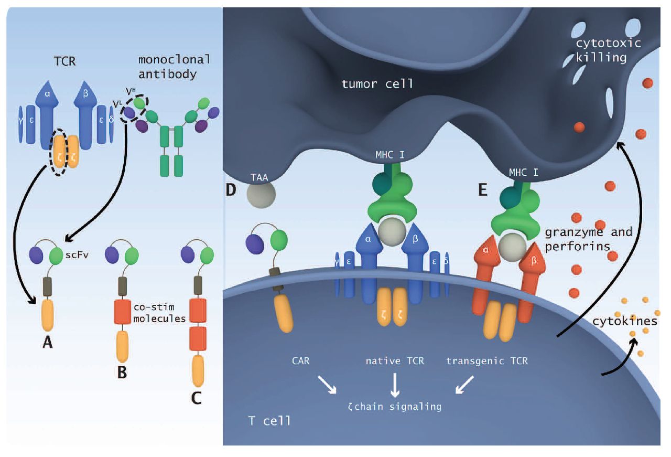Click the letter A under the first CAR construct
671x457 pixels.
(48, 342)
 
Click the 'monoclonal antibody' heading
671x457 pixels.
(167, 67)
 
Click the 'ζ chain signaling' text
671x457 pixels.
(394, 406)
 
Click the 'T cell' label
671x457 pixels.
(269, 420)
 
